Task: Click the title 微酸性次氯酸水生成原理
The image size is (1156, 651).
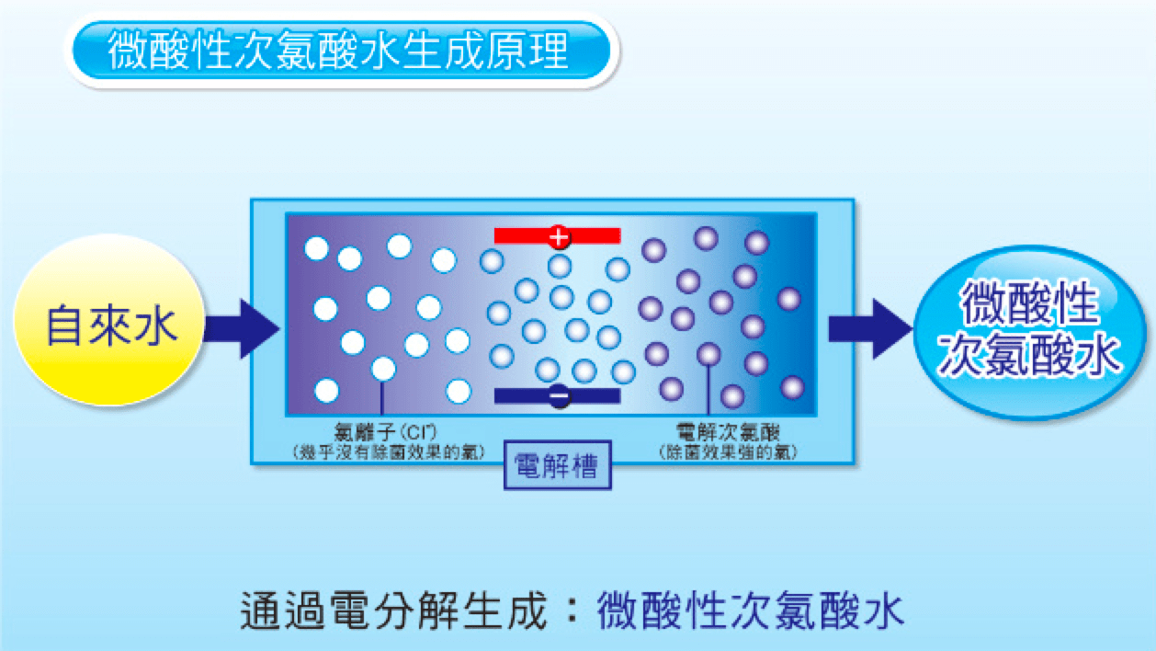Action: pyautogui.click(x=339, y=51)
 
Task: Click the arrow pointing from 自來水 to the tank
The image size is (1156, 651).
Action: pyautogui.click(x=242, y=328)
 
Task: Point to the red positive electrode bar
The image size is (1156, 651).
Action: pyautogui.click(x=557, y=236)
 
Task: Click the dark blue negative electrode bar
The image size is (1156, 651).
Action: pyautogui.click(x=557, y=396)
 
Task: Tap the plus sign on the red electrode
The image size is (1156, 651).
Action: pyautogui.click(x=558, y=236)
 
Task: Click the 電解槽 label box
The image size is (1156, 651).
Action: pyautogui.click(x=558, y=467)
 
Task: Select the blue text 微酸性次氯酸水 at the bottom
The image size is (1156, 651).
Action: pyautogui.click(x=749, y=610)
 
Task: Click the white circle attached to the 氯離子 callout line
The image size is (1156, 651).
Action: pyautogui.click(x=383, y=369)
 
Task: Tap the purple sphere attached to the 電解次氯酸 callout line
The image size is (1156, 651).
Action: pyautogui.click(x=708, y=354)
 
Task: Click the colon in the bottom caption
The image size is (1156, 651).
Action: pyautogui.click(x=569, y=610)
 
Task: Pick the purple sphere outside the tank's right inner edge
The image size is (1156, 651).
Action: pyautogui.click(x=788, y=299)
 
